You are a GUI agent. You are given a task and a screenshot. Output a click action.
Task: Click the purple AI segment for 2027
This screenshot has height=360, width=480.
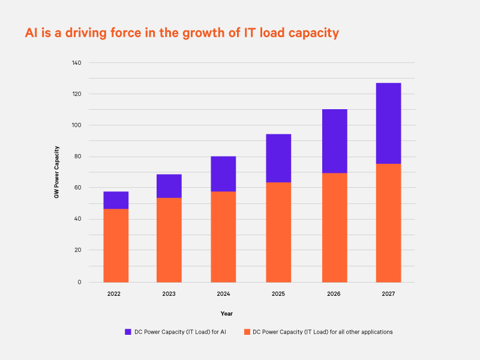(x=388, y=123)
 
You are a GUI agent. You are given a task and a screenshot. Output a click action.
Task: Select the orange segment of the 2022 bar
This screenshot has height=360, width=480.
(x=116, y=245)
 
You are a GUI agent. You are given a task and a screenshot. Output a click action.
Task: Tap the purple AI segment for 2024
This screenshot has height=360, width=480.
(x=223, y=173)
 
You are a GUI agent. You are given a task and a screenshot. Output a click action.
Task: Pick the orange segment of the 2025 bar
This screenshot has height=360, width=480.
(x=278, y=232)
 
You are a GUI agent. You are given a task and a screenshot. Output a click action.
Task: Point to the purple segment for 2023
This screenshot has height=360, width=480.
(x=169, y=186)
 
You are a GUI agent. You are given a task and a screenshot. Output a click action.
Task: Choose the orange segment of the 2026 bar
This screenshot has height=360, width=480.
(x=334, y=227)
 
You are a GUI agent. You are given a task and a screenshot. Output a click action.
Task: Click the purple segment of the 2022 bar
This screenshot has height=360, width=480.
(x=116, y=200)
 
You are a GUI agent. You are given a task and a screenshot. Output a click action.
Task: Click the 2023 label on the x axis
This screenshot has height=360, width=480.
(x=169, y=294)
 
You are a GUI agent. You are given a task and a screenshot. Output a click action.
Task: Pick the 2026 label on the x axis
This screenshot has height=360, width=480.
(x=334, y=294)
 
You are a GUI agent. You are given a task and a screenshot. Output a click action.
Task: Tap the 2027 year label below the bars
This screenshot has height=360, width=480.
(x=388, y=294)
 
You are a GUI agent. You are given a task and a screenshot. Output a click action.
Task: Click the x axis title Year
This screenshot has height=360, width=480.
(x=226, y=313)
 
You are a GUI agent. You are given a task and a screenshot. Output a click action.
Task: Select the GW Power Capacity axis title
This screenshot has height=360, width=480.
(x=56, y=172)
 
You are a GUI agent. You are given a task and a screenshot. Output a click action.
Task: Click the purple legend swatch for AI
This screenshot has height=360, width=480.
(x=128, y=332)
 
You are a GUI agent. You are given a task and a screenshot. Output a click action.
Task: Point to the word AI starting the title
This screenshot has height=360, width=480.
(x=31, y=33)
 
